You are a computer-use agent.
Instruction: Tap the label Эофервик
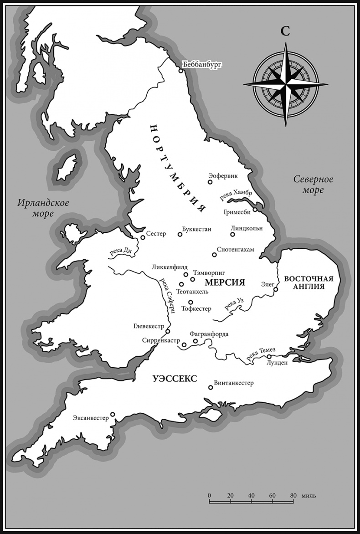[x=223, y=175]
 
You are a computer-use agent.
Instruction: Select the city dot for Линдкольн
[x=232, y=235]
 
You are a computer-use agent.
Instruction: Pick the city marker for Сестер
[x=143, y=237]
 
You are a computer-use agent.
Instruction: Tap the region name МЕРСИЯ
[x=225, y=282]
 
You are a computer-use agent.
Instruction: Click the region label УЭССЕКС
[x=169, y=379]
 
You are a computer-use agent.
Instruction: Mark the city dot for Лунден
[x=269, y=357]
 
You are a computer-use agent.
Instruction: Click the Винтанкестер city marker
[x=210, y=388]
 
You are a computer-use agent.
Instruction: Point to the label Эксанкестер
[x=91, y=418]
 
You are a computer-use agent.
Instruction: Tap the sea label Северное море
[x=313, y=185]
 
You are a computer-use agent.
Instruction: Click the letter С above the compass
[x=285, y=31]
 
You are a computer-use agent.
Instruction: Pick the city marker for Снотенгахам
[x=214, y=255]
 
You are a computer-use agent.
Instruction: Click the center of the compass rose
[x=286, y=84]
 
